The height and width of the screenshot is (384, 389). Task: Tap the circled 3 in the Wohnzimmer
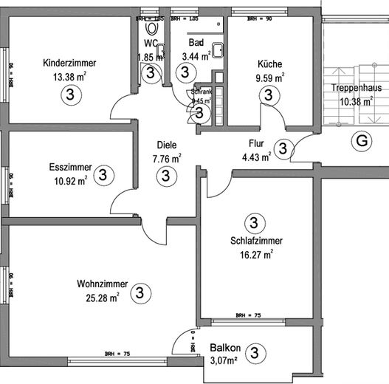pos(139,293)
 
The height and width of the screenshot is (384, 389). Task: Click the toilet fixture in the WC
pos(153,28)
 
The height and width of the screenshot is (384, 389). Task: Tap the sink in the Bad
pos(218,50)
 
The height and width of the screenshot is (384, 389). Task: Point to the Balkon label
pos(225,348)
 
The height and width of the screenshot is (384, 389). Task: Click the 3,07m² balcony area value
pos(224,361)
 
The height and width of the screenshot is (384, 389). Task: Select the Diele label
pos(166,145)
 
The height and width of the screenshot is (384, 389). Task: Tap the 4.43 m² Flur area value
pos(256,156)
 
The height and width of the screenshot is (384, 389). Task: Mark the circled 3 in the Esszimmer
pos(103,175)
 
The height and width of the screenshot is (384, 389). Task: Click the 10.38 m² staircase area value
pos(355,102)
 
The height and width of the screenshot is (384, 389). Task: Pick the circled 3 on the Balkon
pos(255,353)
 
